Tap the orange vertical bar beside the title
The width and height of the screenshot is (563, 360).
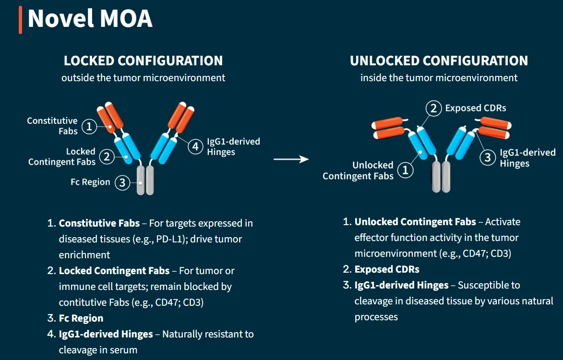[x=20, y=20]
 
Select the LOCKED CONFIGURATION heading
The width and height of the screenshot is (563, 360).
[x=143, y=61]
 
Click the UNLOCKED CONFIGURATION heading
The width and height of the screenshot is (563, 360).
[x=439, y=61]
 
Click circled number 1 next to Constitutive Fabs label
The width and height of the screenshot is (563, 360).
[x=89, y=126]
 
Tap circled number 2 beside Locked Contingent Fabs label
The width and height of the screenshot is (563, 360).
[x=107, y=156]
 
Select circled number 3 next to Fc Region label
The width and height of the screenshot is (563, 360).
[x=122, y=182]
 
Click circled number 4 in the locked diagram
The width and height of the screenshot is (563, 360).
[x=195, y=146]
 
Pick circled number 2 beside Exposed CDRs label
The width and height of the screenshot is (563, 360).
[x=433, y=108]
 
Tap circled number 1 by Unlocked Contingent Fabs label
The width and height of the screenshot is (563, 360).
[x=406, y=170]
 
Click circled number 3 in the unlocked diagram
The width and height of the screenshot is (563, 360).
[x=488, y=157]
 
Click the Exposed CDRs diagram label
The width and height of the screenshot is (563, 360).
[x=475, y=108]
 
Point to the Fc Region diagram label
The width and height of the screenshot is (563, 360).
[x=90, y=182]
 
